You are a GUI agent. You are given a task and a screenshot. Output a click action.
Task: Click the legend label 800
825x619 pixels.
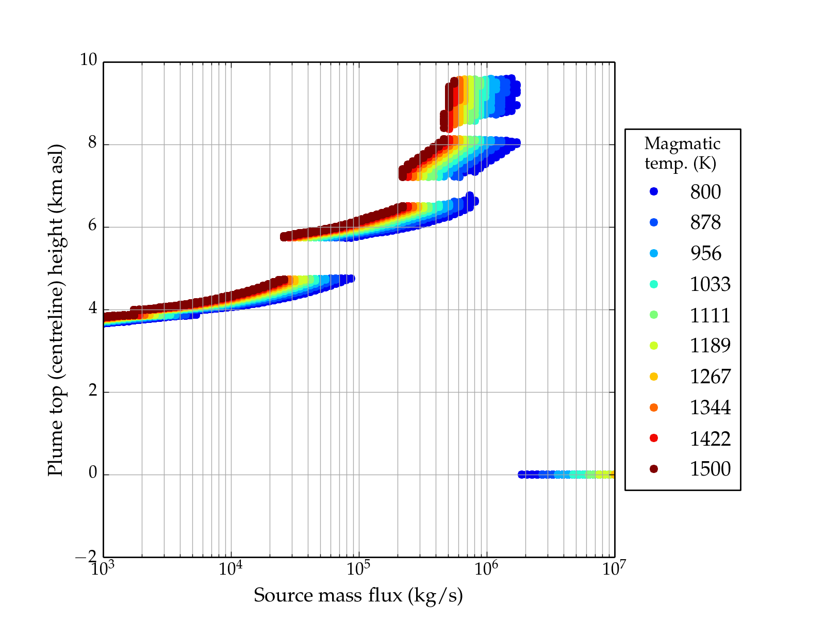click(x=705, y=192)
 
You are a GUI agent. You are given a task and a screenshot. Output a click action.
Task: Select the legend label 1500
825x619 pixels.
click(x=710, y=469)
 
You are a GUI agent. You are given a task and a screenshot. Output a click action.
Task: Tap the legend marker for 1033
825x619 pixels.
click(x=654, y=284)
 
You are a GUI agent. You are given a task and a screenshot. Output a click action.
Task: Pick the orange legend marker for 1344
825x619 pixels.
click(x=654, y=408)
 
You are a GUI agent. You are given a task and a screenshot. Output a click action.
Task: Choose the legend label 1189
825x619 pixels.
click(x=710, y=346)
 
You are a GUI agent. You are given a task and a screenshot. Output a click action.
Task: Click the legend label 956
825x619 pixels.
click(x=705, y=253)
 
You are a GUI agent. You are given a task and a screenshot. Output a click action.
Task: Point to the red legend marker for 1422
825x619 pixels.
click(x=654, y=438)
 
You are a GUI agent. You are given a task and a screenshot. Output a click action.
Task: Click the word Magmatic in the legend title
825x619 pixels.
click(x=682, y=143)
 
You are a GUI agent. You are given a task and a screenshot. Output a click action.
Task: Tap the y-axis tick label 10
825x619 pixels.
click(x=88, y=60)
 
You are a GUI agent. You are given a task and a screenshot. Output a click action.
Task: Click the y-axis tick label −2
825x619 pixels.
click(x=86, y=557)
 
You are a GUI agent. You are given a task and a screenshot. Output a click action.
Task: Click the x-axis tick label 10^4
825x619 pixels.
click(x=230, y=568)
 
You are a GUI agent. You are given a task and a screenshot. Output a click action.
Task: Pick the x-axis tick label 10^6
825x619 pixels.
click(x=486, y=568)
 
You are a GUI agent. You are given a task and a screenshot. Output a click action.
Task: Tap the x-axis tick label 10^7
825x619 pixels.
click(x=614, y=568)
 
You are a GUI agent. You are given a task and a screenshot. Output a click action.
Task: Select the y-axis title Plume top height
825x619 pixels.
click(x=55, y=309)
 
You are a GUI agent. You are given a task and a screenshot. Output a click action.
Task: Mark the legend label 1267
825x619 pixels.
click(x=710, y=377)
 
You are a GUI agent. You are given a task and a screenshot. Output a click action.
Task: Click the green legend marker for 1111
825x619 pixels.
click(x=654, y=315)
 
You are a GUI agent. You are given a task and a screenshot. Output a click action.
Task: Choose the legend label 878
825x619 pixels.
click(x=705, y=222)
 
